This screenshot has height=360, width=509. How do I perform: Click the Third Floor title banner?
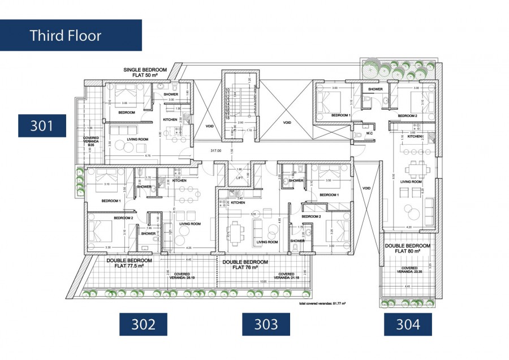[x=70, y=35]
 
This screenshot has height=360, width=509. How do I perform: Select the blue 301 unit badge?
[x=42, y=125]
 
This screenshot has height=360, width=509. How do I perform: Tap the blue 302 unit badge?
[x=144, y=324]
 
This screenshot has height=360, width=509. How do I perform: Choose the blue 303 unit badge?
[x=266, y=324]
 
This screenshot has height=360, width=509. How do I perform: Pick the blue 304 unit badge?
[x=408, y=324]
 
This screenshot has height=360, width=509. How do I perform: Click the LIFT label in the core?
[x=240, y=177]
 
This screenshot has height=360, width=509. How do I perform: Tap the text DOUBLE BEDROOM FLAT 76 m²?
[x=245, y=265]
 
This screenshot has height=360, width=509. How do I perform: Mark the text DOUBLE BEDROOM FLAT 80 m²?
[x=407, y=249]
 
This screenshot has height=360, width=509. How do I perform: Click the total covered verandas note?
[x=322, y=303]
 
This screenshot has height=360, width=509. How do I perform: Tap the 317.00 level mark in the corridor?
[x=215, y=150]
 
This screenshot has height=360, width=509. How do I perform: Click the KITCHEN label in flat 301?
[x=171, y=120]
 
